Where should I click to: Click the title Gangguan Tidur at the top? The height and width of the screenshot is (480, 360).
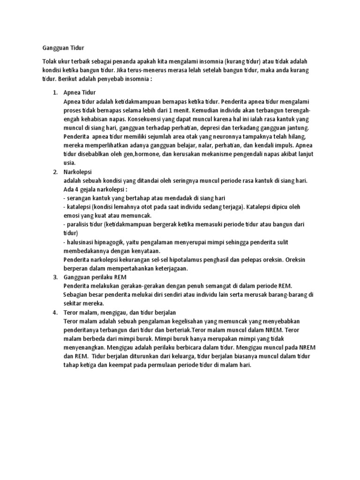pos(61,48)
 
